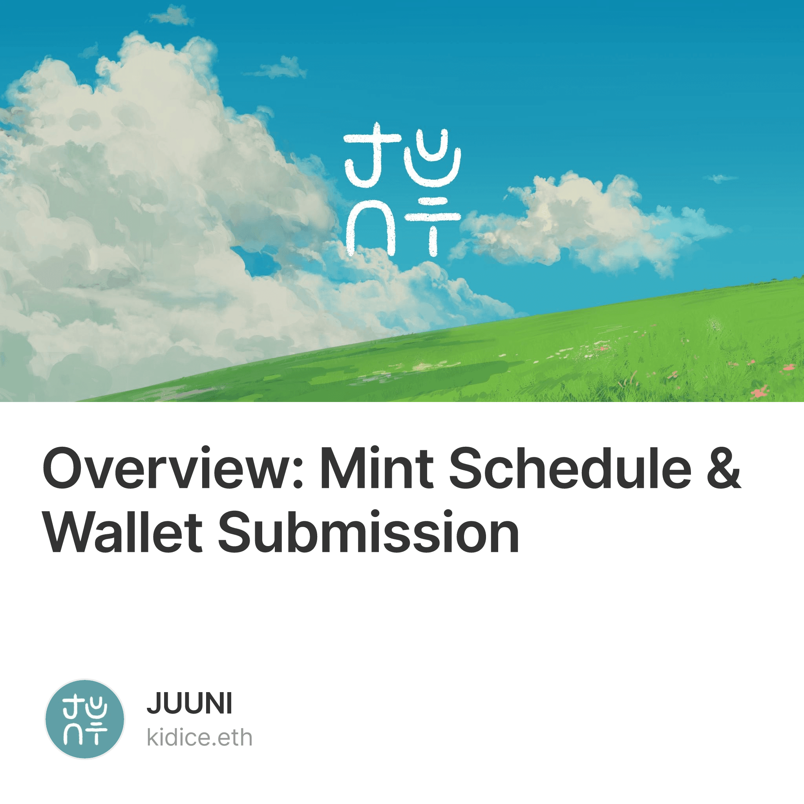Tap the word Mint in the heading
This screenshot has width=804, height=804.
point(376,467)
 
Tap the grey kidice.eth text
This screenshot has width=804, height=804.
point(200,738)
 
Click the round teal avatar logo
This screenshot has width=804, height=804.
point(84,719)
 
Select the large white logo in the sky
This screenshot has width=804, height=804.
point(402,189)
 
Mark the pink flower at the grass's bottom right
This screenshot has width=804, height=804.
point(760,391)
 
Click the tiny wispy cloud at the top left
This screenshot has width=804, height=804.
point(171,16)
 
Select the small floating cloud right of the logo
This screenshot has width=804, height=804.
point(591,223)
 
